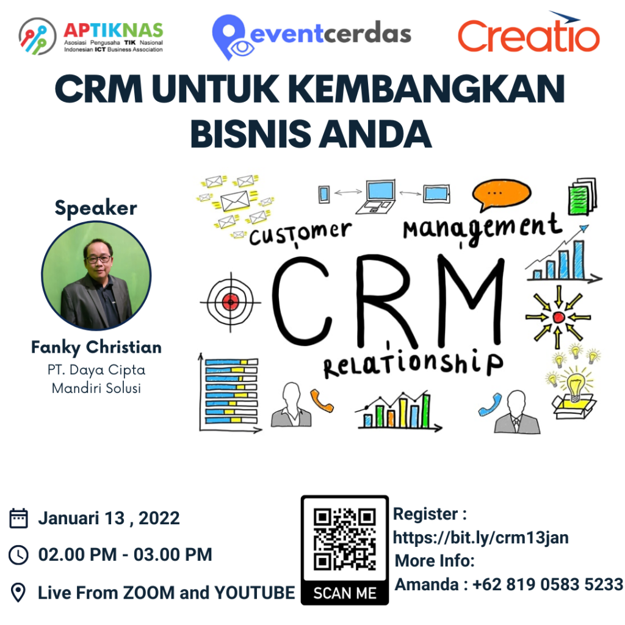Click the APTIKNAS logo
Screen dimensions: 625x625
pos(92,36)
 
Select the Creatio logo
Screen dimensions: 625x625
pos(529,34)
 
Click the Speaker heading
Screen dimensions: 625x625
pos(96,208)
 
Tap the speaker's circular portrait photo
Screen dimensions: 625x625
pos(96,276)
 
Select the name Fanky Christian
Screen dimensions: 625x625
pos(96,347)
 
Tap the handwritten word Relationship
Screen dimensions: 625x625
pos(413,364)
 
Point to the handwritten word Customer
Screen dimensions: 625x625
pos(300,233)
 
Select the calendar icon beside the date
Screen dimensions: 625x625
pos(19,519)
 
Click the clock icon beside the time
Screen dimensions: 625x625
pos(19,555)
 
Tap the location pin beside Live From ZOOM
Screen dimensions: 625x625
pos(19,593)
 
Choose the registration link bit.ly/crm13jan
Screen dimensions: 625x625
pos(481,537)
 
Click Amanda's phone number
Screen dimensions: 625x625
pos(547,584)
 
